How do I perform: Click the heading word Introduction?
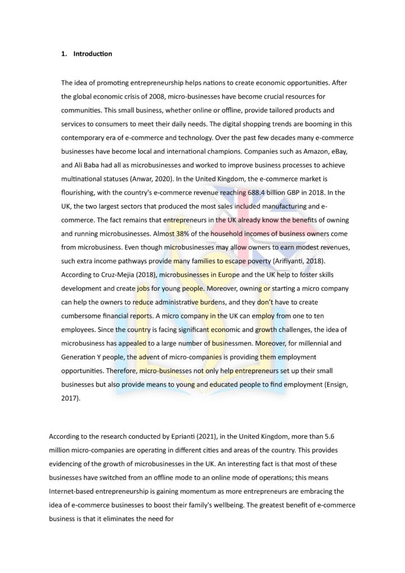92,54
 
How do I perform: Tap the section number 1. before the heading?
64,54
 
